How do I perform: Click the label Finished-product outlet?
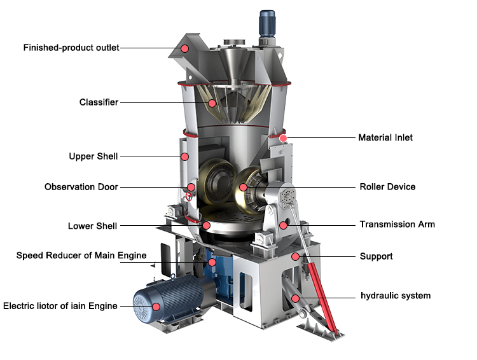click(x=71, y=48)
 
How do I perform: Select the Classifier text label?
click(x=99, y=102)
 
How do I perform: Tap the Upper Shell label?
click(x=93, y=156)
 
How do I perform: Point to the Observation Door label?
click(x=81, y=187)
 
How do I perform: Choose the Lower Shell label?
click(x=93, y=226)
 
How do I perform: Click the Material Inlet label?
click(x=385, y=137)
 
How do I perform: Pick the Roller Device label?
click(x=387, y=187)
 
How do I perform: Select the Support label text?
click(x=376, y=256)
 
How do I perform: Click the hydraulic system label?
click(x=396, y=296)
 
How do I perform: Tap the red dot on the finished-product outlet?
click(x=184, y=48)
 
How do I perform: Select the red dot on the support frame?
click(x=294, y=256)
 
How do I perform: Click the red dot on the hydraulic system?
click(x=294, y=298)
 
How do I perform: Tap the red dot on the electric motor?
click(x=156, y=306)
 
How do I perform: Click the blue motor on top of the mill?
click(x=266, y=23)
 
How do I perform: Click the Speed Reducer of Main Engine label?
click(x=81, y=256)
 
